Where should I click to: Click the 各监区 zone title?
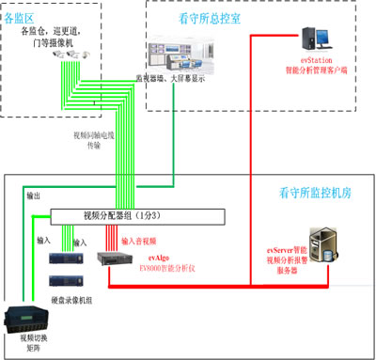click(x=26, y=18)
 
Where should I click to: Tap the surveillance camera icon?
click(x=72, y=56)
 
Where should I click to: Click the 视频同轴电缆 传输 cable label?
click(x=92, y=141)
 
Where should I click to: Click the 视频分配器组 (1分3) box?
click(x=136, y=215)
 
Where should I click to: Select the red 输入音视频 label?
click(x=139, y=241)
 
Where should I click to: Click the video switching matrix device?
click(x=25, y=317)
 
